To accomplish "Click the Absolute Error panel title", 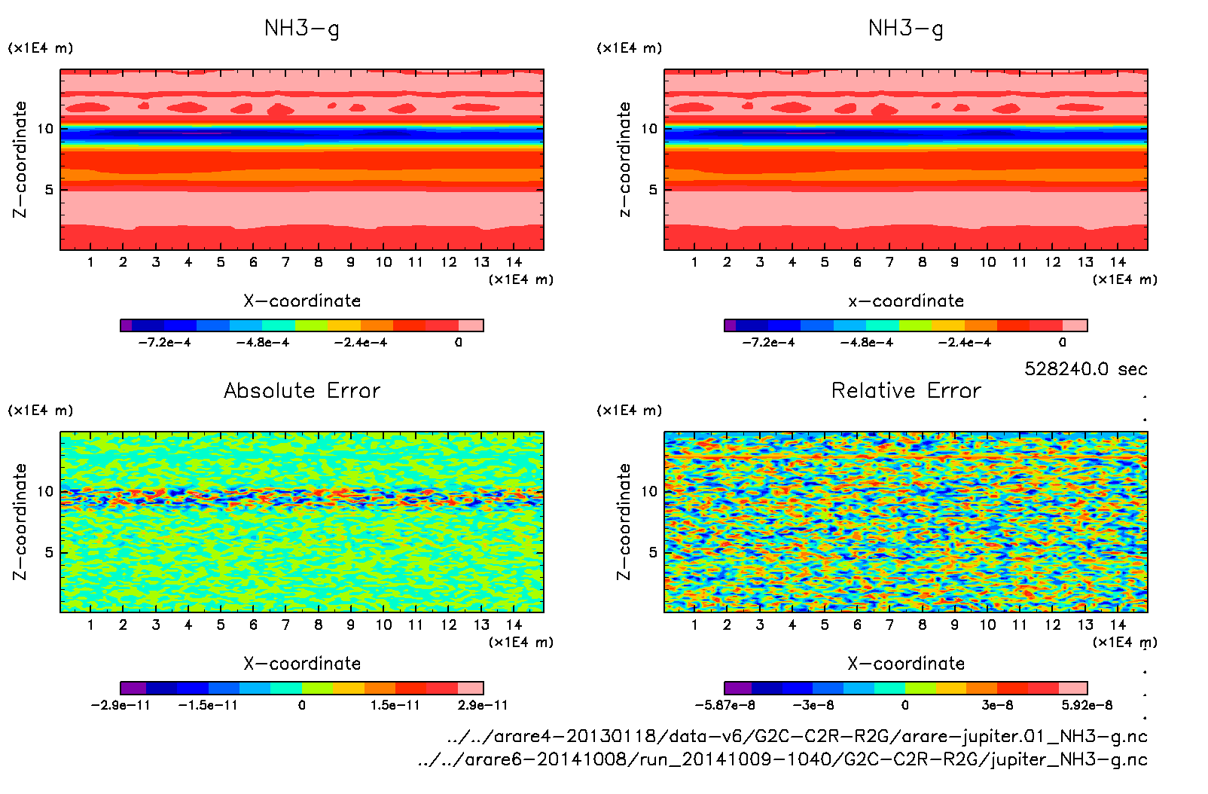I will click(302, 391).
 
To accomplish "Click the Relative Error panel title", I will click(906, 391).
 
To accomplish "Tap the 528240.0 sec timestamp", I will click(1085, 369).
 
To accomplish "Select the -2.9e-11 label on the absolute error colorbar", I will click(120, 705).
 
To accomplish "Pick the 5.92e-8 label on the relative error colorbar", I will click(1087, 705).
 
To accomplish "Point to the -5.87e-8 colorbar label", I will click(724, 705).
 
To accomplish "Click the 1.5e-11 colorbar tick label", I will click(395, 705).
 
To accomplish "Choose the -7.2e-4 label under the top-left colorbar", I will click(165, 343).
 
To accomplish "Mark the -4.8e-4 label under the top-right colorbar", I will click(867, 343).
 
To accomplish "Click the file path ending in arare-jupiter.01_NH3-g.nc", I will click(797, 736).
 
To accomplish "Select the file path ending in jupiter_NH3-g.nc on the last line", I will click(782, 759).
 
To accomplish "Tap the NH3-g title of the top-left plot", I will click(302, 29).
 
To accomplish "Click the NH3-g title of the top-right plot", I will click(906, 29).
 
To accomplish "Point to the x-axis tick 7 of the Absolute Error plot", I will click(285, 625).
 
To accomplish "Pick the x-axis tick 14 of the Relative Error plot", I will click(1118, 625).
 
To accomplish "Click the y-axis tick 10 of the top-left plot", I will click(45, 129).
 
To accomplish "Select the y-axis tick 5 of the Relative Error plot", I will click(653, 553).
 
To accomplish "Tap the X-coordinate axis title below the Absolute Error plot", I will click(302, 664).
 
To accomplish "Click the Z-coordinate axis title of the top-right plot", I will click(624, 160).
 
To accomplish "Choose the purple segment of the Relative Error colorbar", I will click(737, 688).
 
